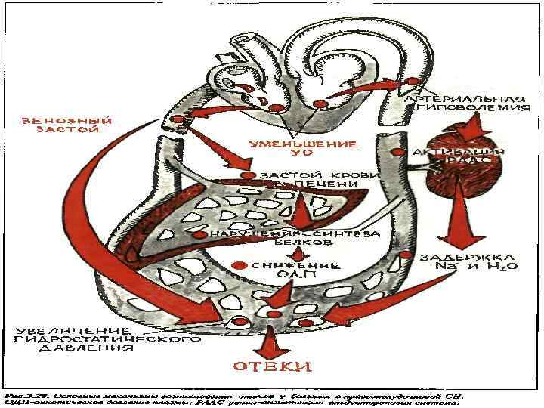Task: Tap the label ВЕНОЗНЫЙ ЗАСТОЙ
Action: pos(66,125)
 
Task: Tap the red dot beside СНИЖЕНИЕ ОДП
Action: pos(240,265)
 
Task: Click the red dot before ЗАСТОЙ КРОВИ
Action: pos(247,175)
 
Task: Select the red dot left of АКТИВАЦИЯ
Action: pos(398,152)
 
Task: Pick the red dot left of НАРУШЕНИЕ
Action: pos(199,235)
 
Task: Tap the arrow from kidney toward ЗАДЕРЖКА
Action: pos(456,224)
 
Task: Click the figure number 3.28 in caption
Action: pos(33,395)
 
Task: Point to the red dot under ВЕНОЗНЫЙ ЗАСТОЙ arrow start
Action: pos(178,119)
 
